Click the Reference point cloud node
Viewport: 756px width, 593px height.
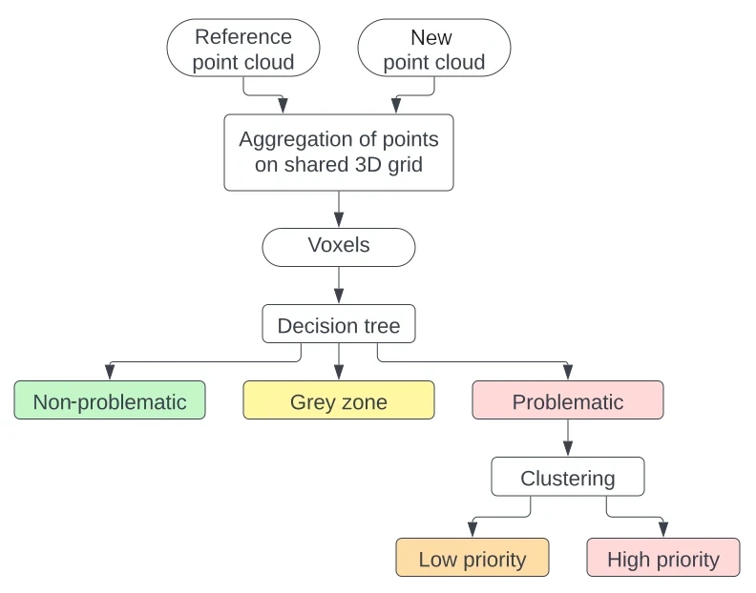[x=242, y=50]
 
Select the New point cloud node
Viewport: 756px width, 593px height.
[x=434, y=50]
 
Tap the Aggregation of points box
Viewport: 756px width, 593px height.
[x=339, y=152]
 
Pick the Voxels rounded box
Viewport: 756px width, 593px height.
[x=339, y=246]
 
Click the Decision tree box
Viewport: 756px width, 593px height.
[x=339, y=326]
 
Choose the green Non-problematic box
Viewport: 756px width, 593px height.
[x=110, y=401]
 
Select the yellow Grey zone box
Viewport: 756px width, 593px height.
[x=339, y=401]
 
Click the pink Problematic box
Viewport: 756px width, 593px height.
[x=568, y=401]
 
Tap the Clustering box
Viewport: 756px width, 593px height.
[x=568, y=478]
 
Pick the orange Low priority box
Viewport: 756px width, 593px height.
[x=472, y=559]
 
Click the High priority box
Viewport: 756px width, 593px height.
[x=663, y=559]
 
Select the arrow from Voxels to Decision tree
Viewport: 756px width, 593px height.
[x=339, y=285]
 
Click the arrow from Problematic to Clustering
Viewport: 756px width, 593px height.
[x=568, y=439]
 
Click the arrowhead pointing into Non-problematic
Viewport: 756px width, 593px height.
[x=110, y=374]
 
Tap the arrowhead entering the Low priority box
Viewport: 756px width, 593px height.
[x=472, y=531]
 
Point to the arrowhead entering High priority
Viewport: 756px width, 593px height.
[x=663, y=531]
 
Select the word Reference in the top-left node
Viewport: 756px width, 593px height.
[x=242, y=37]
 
